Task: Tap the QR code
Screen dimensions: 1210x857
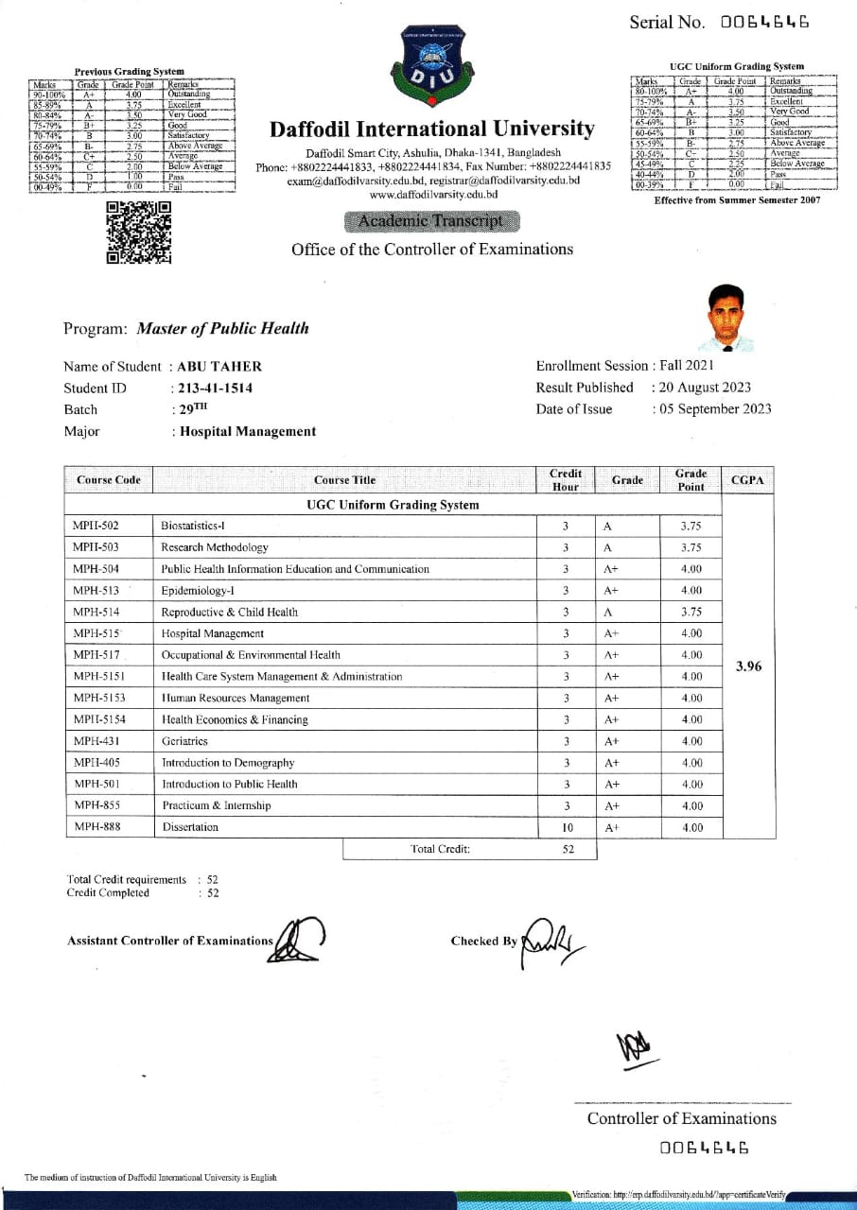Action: [x=139, y=232]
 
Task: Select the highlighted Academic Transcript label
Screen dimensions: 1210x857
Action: [x=432, y=221]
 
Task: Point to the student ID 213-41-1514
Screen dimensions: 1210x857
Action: [x=216, y=388]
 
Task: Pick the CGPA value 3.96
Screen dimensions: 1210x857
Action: [x=748, y=666]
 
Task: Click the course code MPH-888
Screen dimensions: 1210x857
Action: [x=97, y=827]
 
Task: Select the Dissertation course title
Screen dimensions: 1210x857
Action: [x=190, y=827]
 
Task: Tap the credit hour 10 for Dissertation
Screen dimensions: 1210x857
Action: [x=566, y=827]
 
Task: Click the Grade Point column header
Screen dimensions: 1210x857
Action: [x=691, y=479]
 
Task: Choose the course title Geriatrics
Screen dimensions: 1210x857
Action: [x=184, y=741]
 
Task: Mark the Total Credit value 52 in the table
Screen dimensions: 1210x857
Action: [x=568, y=849]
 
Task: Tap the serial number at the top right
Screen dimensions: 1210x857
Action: [x=764, y=22]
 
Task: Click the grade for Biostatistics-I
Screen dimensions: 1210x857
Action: [x=608, y=526]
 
